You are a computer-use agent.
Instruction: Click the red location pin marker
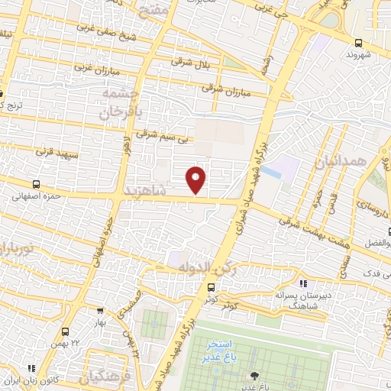[196, 179]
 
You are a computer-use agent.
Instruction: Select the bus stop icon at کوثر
[211, 287]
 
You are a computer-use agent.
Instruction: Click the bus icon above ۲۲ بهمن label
[65, 331]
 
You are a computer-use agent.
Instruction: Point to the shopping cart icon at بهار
[101, 312]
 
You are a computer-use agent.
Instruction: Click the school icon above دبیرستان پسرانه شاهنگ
[303, 283]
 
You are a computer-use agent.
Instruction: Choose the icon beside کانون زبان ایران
[11, 380]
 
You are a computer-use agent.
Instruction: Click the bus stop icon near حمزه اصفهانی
[36, 184]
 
